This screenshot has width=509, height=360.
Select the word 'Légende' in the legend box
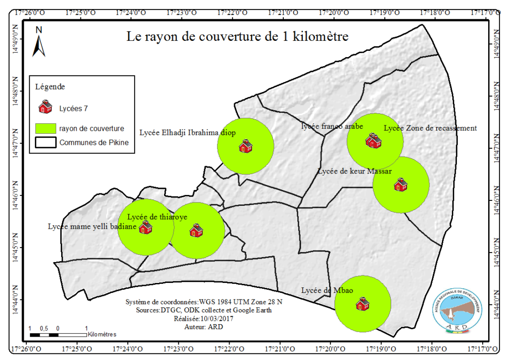[50, 87]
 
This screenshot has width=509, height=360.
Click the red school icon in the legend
[45, 107]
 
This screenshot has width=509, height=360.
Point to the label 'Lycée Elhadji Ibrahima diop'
[187, 133]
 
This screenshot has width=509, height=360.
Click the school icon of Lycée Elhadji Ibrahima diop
[246, 146]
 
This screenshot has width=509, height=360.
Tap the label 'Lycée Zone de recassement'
[430, 128]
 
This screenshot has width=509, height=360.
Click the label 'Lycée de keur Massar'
[355, 171]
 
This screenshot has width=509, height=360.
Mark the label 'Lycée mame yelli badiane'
[92, 226]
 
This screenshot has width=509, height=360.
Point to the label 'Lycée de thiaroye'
[157, 217]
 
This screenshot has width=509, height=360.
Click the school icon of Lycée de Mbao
[362, 303]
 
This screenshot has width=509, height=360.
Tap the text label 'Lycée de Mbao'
[323, 290]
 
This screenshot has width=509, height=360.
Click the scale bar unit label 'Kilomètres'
[104, 335]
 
